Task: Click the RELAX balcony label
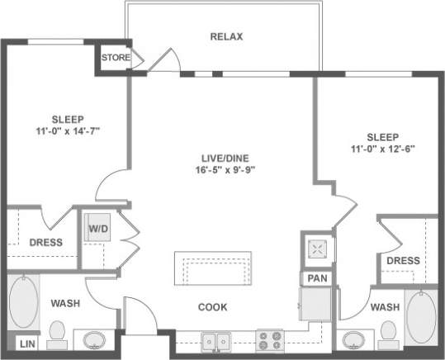click(225, 37)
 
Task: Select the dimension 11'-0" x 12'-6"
click(382, 149)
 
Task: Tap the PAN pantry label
click(317, 279)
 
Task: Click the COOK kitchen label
click(212, 307)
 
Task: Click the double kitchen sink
click(218, 339)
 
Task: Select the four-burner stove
click(270, 339)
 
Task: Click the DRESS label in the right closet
click(403, 260)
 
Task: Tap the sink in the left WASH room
click(93, 339)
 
